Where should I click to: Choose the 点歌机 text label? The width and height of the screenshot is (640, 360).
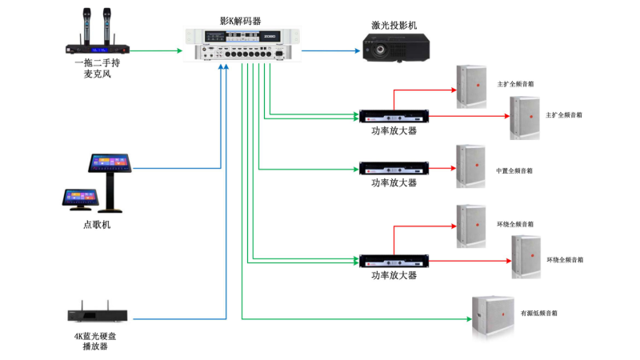97,225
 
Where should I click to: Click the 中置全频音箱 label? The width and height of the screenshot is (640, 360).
514,170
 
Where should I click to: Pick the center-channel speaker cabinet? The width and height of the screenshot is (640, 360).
470,166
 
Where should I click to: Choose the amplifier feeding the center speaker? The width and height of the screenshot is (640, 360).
394,169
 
